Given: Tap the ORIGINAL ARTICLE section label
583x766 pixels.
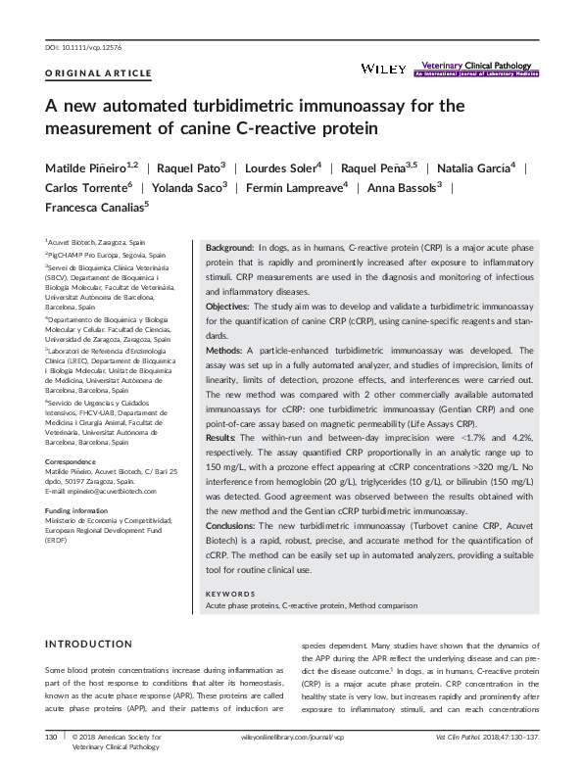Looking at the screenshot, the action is (98, 73).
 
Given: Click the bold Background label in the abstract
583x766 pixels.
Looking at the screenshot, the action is (229, 250).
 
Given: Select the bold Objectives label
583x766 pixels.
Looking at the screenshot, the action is (228, 306).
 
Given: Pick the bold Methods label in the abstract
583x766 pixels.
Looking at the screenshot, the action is (224, 348).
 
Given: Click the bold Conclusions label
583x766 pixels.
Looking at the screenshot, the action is (232, 526).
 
